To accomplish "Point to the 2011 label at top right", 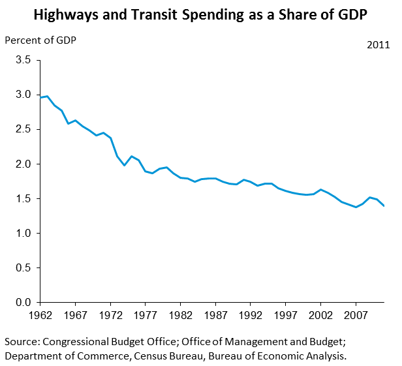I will pos(378,46).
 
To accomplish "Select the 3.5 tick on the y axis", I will pos(23,60).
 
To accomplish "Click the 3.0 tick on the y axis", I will pos(23,95).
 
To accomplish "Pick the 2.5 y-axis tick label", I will pos(23,129).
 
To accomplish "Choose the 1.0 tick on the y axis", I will pos(23,234).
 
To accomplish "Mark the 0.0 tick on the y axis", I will pos(23,303).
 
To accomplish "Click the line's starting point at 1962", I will pos(41,98).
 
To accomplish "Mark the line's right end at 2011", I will pos(383,206).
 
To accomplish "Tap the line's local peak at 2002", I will pos(320,189).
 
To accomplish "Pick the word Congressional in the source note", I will pos(78,342).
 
